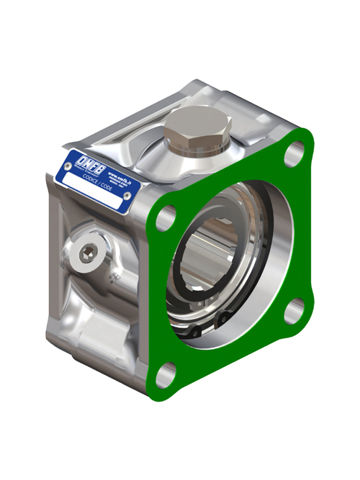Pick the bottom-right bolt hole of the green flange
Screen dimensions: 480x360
tap(292, 311)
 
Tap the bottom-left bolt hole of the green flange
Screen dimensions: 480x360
tap(166, 373)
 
